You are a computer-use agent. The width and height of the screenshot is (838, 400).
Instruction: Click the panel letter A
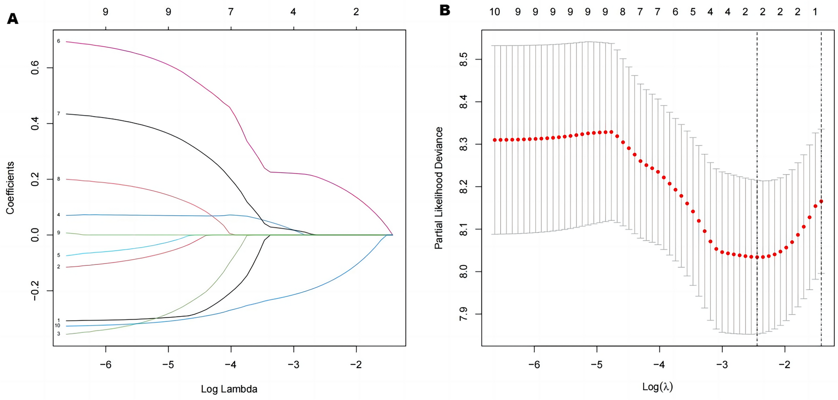click(x=13, y=19)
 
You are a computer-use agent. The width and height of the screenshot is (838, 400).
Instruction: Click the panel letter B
click(x=445, y=10)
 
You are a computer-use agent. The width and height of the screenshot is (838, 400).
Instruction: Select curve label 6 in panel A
click(x=59, y=41)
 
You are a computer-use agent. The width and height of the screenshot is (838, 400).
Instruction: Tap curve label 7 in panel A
click(x=59, y=114)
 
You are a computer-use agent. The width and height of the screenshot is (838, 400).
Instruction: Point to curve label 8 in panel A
click(x=59, y=179)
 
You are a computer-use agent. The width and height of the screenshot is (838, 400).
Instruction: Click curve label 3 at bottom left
click(x=59, y=334)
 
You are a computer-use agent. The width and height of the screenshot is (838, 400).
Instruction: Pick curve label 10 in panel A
click(x=57, y=326)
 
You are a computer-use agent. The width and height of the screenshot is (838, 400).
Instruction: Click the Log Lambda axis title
click(x=229, y=389)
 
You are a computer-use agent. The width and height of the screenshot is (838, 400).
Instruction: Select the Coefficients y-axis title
click(x=10, y=188)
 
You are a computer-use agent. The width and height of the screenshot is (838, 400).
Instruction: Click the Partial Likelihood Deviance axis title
click(x=439, y=188)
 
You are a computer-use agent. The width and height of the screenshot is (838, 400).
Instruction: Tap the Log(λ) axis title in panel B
click(x=657, y=387)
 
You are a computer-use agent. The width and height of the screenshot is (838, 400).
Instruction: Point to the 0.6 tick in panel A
click(x=35, y=68)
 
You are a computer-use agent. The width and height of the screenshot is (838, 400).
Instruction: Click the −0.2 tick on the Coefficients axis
click(x=35, y=291)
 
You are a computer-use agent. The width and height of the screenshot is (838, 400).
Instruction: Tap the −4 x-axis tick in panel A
click(x=231, y=364)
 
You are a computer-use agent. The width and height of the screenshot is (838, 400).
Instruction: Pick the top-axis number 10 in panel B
click(x=495, y=12)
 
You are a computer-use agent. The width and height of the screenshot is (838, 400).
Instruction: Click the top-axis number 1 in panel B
click(x=815, y=12)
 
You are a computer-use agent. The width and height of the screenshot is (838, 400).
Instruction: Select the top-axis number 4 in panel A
click(x=293, y=12)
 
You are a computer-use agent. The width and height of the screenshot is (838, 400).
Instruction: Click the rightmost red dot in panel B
click(x=821, y=201)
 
